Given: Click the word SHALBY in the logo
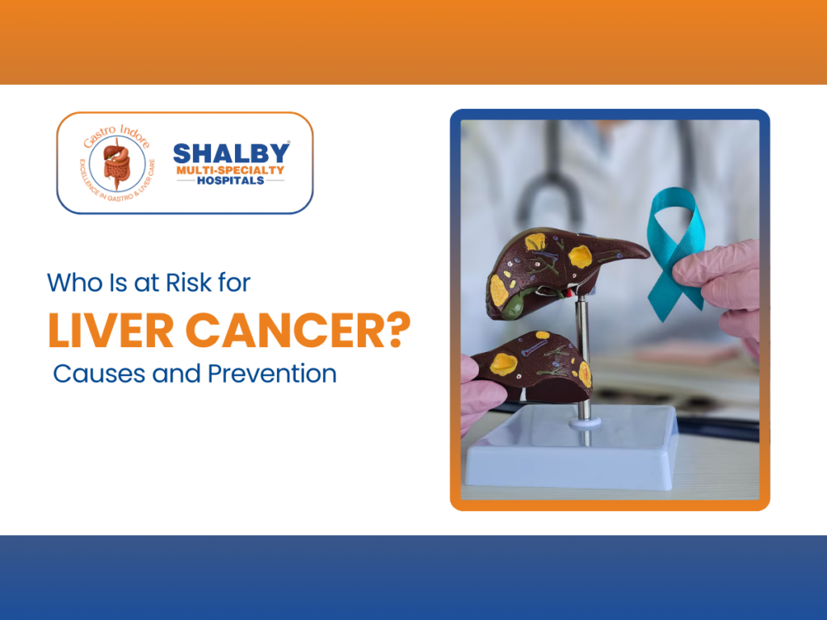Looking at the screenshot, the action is pos(231,153).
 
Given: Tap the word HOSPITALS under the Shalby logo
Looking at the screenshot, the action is pos(230,181).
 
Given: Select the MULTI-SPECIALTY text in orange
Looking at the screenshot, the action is pos(230,170).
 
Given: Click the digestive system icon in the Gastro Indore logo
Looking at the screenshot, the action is pos(117,163).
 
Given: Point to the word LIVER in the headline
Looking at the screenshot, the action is pos(111,330).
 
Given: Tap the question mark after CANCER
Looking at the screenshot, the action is pos(398,330).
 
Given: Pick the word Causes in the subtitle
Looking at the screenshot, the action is pos(100,374).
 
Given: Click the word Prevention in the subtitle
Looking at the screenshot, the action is pos(271,374).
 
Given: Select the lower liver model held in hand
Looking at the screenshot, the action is pos(533,366).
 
